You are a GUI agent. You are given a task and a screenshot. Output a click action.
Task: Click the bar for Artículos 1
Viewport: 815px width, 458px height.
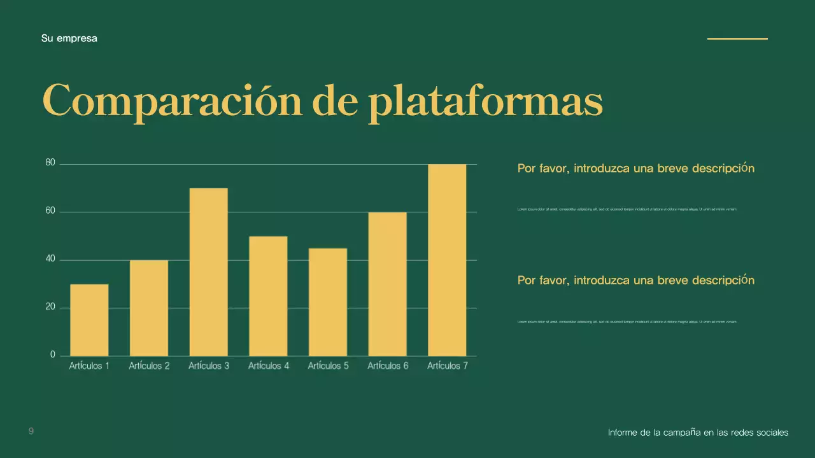(89, 320)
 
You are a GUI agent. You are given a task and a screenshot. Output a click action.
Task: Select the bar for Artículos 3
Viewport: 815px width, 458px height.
(208, 272)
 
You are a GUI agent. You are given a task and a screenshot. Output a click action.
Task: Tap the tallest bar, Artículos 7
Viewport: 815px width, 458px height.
(447, 260)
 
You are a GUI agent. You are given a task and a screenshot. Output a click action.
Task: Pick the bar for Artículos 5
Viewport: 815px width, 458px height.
(328, 302)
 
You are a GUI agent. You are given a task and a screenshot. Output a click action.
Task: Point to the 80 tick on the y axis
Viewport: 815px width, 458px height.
(50, 163)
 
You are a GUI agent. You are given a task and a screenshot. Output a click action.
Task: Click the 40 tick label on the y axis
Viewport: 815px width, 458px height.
(50, 260)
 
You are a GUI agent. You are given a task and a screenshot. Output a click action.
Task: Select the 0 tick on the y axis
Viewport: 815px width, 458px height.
(53, 355)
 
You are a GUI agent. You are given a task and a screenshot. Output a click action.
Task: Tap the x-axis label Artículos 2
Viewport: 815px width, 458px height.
(149, 366)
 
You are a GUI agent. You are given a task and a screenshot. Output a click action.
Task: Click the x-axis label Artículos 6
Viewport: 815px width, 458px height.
(388, 366)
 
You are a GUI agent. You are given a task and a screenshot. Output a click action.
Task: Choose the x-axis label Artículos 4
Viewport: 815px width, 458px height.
(269, 366)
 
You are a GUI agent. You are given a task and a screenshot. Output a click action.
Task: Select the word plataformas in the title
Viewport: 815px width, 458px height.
(485, 102)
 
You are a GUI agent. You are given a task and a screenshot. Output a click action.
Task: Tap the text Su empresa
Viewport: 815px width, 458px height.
(69, 38)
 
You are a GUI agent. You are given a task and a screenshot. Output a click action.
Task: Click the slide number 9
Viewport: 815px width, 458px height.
(31, 432)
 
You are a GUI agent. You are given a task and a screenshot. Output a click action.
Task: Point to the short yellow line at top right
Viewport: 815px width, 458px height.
(737, 39)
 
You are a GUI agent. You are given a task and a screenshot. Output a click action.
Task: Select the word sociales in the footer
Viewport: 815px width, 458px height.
(772, 433)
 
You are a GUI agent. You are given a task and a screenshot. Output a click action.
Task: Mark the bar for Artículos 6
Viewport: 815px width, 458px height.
(387, 284)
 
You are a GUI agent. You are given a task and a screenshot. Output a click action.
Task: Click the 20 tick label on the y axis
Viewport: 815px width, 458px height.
(50, 307)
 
